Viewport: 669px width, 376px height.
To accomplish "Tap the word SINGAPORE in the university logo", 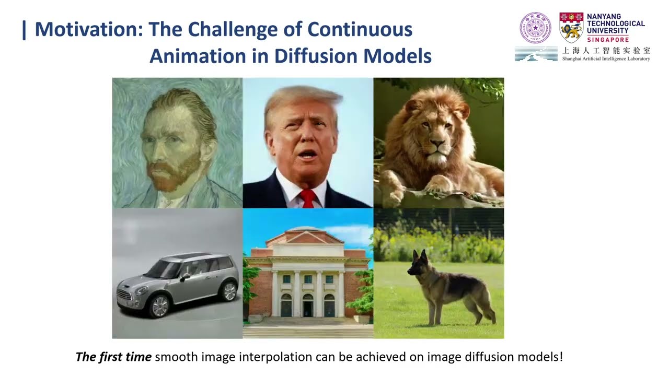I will [x=607, y=40].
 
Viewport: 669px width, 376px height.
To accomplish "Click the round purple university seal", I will [x=535, y=28].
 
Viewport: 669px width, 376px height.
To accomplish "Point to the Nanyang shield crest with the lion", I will [x=571, y=28].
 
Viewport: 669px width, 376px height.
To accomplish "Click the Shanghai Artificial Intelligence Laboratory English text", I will [x=606, y=59].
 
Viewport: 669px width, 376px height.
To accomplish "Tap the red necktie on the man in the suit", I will [x=308, y=198].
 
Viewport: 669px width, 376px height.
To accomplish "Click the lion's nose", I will [x=436, y=143].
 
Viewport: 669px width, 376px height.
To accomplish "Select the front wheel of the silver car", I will [x=159, y=305].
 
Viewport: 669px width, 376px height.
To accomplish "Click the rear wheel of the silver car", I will [x=229, y=291].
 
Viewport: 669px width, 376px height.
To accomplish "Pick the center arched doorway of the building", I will [x=308, y=306].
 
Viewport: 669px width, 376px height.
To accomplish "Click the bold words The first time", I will [x=113, y=357].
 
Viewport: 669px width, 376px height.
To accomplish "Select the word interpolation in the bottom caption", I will [x=275, y=357].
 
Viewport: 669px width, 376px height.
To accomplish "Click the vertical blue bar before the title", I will [x=24, y=30].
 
